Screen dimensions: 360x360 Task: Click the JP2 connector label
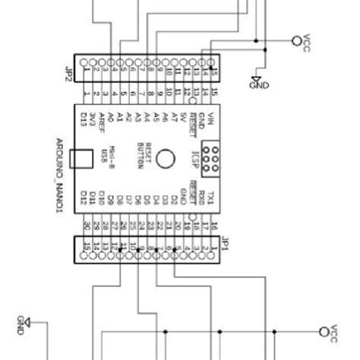(66, 74)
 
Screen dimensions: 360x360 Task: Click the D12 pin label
(84, 199)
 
